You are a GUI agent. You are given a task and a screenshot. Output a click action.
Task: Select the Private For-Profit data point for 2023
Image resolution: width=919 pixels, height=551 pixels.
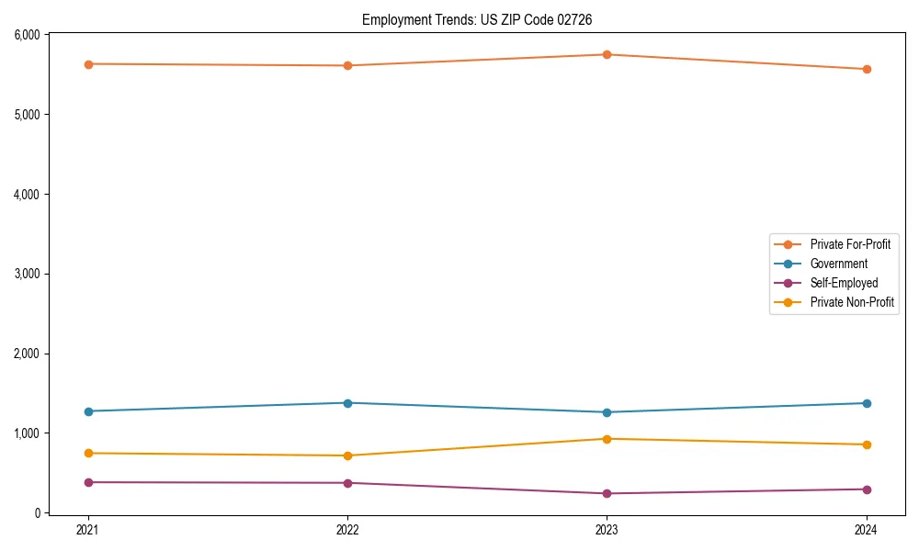[x=607, y=54]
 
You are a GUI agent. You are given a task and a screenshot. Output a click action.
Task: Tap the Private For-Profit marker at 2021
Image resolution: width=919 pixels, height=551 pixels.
[x=88, y=64]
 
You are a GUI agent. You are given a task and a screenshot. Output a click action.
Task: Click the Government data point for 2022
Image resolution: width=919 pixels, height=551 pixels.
[x=347, y=403]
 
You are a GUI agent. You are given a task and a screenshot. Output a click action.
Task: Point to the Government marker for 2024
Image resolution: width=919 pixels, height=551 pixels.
[x=867, y=403]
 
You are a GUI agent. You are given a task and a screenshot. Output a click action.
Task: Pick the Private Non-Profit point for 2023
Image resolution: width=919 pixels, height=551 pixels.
[x=607, y=439]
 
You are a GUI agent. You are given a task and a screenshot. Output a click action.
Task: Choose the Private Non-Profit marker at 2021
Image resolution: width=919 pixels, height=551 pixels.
[x=88, y=453]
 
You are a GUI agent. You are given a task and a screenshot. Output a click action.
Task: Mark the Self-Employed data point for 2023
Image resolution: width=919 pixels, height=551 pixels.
[x=607, y=493]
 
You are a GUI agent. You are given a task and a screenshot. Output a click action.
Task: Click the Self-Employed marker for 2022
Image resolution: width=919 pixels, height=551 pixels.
[x=347, y=483]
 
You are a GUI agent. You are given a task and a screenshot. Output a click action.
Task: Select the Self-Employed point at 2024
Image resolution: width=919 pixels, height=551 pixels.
[x=867, y=489]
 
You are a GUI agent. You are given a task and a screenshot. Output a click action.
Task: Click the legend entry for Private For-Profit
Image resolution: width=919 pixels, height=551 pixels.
[x=850, y=244]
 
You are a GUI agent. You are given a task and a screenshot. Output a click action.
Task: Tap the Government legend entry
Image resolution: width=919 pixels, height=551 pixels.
[x=838, y=264]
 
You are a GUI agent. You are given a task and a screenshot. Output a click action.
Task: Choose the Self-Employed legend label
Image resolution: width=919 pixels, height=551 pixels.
[x=844, y=283]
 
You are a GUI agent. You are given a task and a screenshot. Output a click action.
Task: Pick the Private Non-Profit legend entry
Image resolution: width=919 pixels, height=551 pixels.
[x=852, y=302]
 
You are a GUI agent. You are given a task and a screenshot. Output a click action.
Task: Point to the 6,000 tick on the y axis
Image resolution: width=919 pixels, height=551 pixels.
[x=27, y=35]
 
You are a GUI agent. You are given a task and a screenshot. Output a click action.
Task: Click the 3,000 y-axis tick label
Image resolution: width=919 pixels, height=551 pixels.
[x=27, y=274]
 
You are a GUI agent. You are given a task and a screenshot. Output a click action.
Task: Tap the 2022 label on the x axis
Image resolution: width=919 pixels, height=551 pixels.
[x=347, y=530]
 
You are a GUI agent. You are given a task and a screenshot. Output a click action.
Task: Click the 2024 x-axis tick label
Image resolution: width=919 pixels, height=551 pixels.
[x=867, y=530]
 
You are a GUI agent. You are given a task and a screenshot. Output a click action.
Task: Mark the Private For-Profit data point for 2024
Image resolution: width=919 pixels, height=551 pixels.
[x=867, y=69]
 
